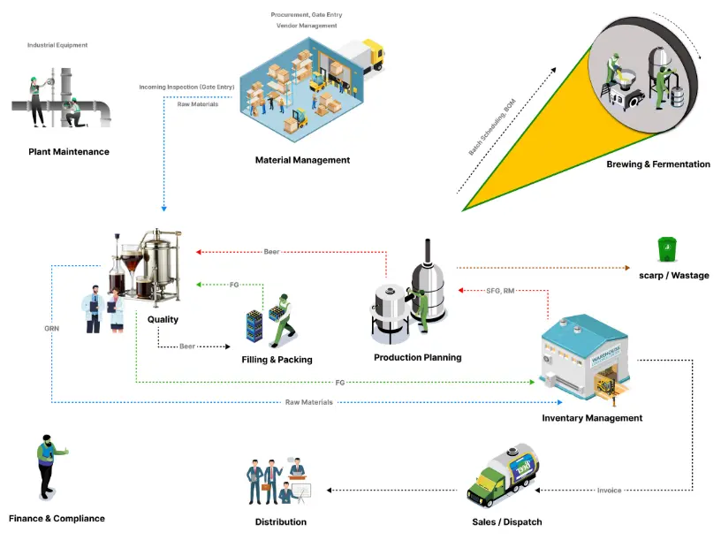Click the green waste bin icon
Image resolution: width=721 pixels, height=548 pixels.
pyautogui.click(x=668, y=248)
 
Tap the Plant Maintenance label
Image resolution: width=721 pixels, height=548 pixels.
pyautogui.click(x=69, y=152)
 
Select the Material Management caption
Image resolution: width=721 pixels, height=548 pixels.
pyautogui.click(x=302, y=160)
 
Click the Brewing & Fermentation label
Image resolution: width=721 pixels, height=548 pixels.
pyautogui.click(x=657, y=164)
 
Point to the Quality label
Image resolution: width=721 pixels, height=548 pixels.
pyautogui.click(x=163, y=319)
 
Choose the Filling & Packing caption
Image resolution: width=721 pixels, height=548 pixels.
pyautogui.click(x=277, y=360)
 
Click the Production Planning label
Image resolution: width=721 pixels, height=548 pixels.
pyautogui.click(x=417, y=357)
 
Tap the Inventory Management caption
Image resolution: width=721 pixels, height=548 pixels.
pyautogui.click(x=592, y=418)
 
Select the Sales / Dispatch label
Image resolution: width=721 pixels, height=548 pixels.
pyautogui.click(x=506, y=522)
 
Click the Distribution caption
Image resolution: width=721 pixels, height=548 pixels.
pyautogui.click(x=280, y=522)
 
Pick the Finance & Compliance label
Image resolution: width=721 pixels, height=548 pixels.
pyautogui.click(x=57, y=519)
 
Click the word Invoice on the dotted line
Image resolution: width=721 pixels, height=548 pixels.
pyautogui.click(x=609, y=490)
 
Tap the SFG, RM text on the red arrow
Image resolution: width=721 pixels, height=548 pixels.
pyautogui.click(x=501, y=290)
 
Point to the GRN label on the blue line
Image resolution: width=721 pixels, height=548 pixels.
pyautogui.click(x=51, y=328)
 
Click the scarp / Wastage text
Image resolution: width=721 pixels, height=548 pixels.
pyautogui.click(x=673, y=276)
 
